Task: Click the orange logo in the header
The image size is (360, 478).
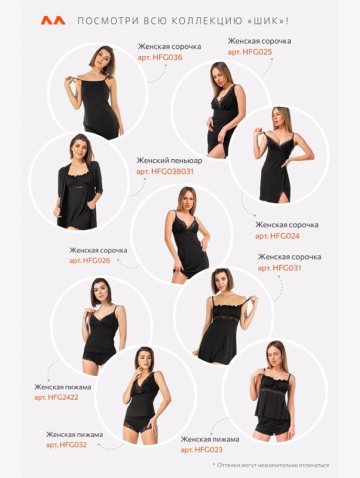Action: pos(53,20)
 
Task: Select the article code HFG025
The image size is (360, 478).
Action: pos(257,52)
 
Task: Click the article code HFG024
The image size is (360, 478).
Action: pos(285,236)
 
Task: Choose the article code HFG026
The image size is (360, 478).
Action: pos(96,261)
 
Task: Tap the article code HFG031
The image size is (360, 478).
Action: pos(287,268)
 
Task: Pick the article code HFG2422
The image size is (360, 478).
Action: pos(63,397)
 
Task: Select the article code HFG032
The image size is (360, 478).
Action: pos(73,444)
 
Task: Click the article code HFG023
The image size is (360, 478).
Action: pos(209,450)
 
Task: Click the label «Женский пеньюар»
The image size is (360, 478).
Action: pos(169,160)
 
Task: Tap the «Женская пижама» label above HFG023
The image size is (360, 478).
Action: pos(210,439)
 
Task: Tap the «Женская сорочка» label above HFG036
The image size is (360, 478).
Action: pos(169,47)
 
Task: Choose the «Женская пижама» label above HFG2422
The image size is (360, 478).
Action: pos(63,387)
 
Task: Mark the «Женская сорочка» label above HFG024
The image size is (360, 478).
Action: pos(287,225)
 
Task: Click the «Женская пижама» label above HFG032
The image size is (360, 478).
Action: pos(75,434)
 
